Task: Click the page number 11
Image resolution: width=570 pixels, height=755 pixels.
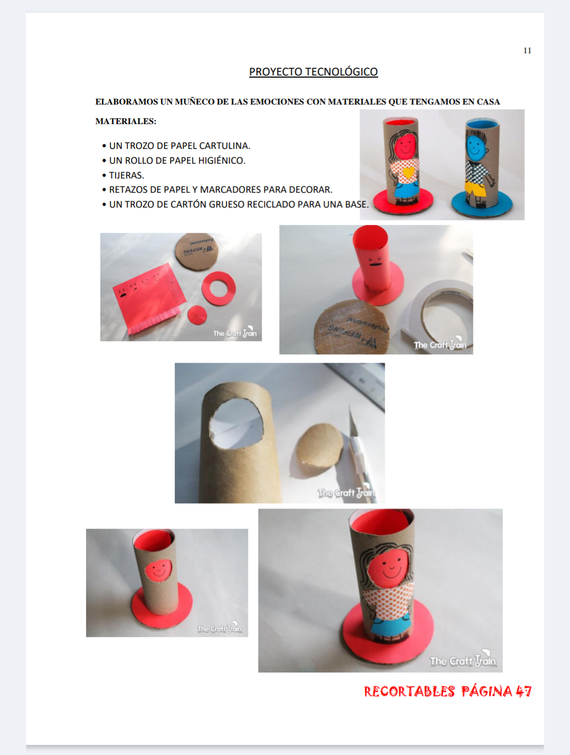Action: [527, 51]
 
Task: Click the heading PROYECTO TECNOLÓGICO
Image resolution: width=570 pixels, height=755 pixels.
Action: [313, 72]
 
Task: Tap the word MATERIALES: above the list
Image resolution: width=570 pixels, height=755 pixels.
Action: [126, 121]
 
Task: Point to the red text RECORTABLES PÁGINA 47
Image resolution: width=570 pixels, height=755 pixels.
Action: [448, 691]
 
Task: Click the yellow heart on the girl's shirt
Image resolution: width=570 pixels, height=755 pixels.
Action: [408, 172]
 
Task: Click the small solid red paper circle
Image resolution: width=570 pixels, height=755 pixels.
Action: [197, 315]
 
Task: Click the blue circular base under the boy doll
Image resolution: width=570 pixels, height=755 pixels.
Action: [482, 204]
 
